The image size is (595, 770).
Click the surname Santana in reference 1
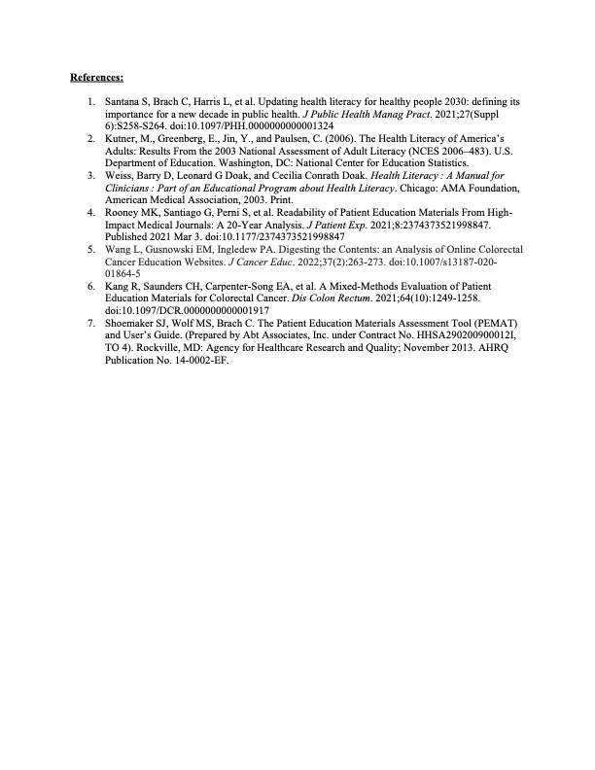(122, 101)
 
